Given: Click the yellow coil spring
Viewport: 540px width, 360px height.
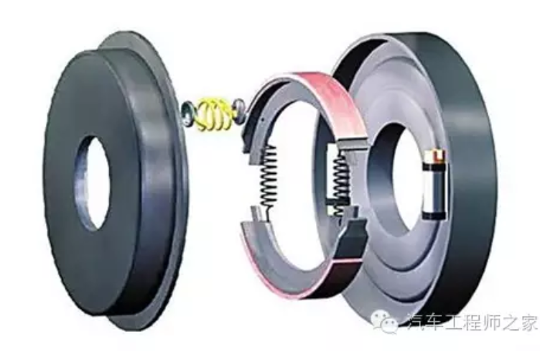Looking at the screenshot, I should (213, 116).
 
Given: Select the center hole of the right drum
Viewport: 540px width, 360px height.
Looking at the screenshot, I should (391, 172).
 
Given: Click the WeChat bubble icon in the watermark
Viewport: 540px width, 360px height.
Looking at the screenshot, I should (388, 323).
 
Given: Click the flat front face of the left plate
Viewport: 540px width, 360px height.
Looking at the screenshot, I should (72, 129).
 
